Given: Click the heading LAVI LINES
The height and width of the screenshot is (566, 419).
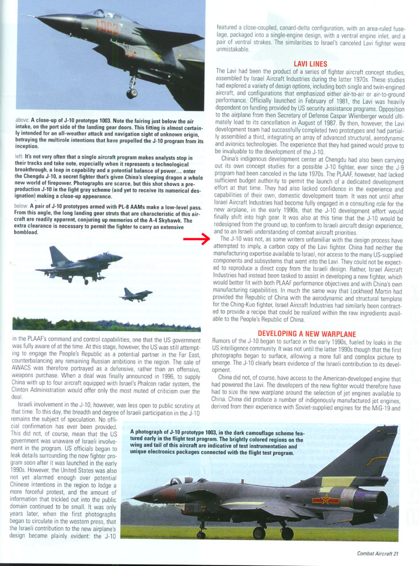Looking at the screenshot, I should tap(310, 64).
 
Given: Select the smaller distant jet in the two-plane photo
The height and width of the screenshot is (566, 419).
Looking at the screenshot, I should tap(135, 295).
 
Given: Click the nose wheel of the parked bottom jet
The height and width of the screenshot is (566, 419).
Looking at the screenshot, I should tap(201, 534).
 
